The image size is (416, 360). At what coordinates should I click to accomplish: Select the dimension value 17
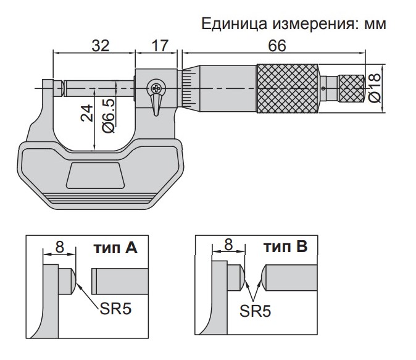157,46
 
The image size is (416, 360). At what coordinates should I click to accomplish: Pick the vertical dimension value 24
87,113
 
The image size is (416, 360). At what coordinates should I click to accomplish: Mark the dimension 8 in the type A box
59,246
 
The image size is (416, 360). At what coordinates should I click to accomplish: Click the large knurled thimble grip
288,89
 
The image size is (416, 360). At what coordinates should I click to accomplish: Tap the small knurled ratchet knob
351,89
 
